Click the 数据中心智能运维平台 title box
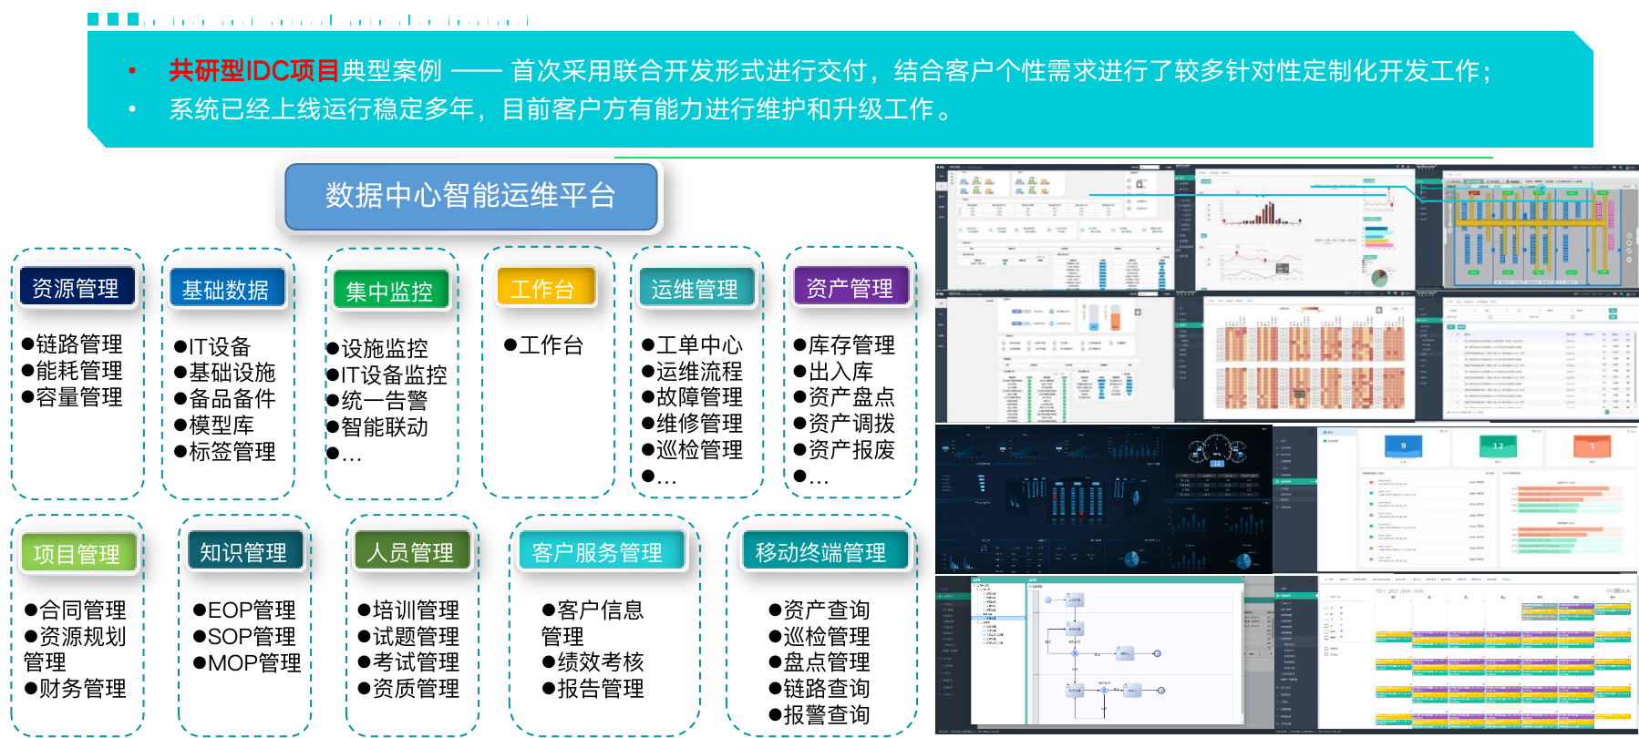[x=470, y=196]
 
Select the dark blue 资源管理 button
[x=76, y=288]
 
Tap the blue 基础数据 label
[x=225, y=289]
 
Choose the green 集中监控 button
[x=389, y=291]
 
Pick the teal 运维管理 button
[x=695, y=289]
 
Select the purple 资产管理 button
[x=850, y=288]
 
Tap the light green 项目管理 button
[x=77, y=553]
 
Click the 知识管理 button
[x=243, y=551]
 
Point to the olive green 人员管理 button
[x=410, y=551]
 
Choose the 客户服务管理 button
[x=598, y=551]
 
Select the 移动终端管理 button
[x=821, y=551]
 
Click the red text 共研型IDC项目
[x=253, y=70]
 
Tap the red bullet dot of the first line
[x=133, y=71]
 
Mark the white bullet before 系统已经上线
[x=133, y=109]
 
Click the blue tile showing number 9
[x=1403, y=446]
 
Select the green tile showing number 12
[x=1498, y=446]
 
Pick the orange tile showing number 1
[x=1593, y=446]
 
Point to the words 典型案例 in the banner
[x=392, y=70]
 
